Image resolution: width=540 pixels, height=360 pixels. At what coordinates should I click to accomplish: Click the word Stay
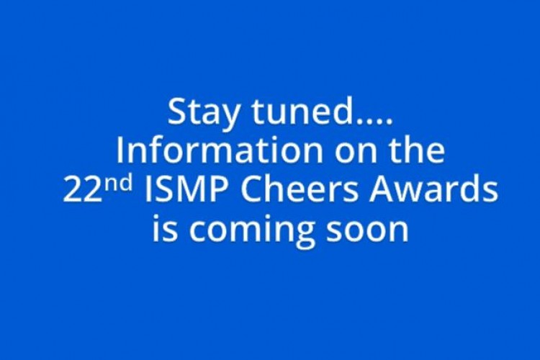pos(203,112)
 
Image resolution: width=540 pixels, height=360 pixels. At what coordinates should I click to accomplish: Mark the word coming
pos(252,230)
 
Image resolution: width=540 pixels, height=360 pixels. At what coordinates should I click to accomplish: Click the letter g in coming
pos(305,234)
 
